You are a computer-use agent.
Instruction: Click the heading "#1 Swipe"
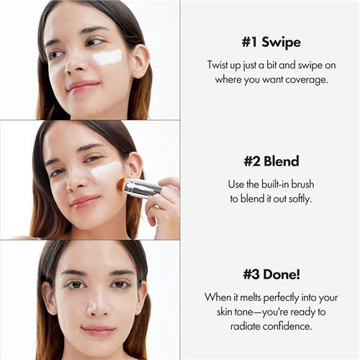pyautogui.click(x=270, y=41)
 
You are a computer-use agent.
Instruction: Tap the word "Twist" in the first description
pyautogui.click(x=219, y=64)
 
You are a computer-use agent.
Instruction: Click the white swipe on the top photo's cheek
pyautogui.click(x=107, y=57)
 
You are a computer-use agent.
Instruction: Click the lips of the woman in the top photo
pyautogui.click(x=83, y=86)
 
